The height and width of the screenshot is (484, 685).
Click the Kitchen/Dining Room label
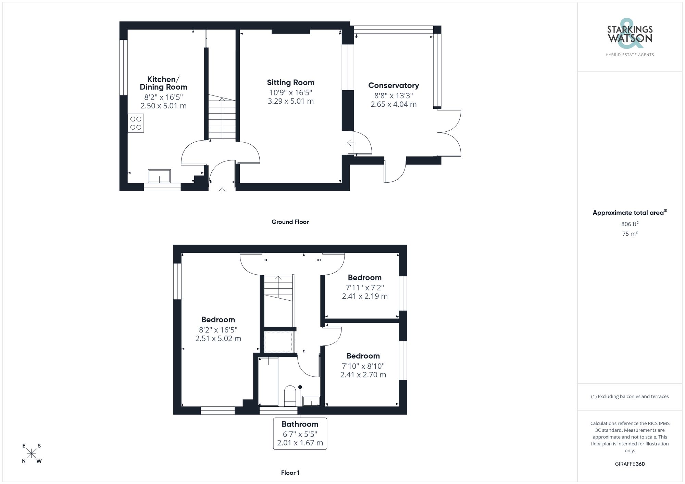click(x=163, y=83)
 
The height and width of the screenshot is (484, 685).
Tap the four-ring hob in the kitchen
click(x=136, y=123)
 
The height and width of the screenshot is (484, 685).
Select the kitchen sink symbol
click(x=159, y=176)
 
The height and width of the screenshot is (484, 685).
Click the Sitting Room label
click(x=290, y=82)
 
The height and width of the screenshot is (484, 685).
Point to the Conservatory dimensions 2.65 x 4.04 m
click(x=394, y=104)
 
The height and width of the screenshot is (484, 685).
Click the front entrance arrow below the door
click(x=222, y=191)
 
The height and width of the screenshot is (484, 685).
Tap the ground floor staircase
click(x=222, y=118)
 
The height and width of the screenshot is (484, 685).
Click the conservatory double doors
click(x=449, y=133)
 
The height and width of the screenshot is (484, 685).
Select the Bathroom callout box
click(x=300, y=433)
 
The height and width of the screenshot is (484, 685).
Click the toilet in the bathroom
click(x=290, y=396)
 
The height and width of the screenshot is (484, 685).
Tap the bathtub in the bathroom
click(x=268, y=381)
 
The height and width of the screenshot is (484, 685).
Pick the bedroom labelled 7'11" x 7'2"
click(x=364, y=287)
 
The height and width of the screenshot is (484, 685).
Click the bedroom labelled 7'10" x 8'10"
click(x=363, y=365)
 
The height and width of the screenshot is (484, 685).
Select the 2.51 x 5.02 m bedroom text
click(x=218, y=339)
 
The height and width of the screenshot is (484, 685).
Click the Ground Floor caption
click(x=290, y=222)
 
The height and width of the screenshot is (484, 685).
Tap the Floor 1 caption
click(x=290, y=473)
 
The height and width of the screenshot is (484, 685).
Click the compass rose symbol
click(x=32, y=454)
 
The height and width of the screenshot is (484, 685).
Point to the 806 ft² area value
click(x=630, y=224)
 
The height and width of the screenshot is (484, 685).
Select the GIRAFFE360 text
click(x=630, y=464)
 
